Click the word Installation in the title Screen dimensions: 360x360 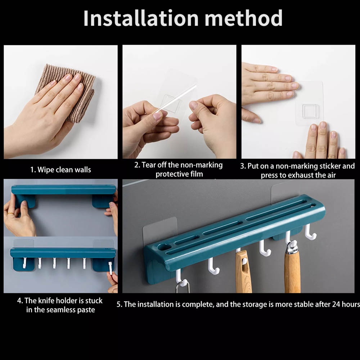[141, 18]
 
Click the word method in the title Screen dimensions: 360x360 [244, 18]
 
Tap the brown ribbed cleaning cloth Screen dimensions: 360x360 [69, 92]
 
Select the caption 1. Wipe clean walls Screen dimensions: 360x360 [60, 170]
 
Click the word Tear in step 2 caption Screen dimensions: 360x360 [148, 165]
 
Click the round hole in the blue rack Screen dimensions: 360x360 [165, 247]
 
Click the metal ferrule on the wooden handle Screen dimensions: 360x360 [292, 247]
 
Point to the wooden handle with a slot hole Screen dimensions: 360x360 [244, 271]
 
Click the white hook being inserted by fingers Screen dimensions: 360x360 [111, 268]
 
